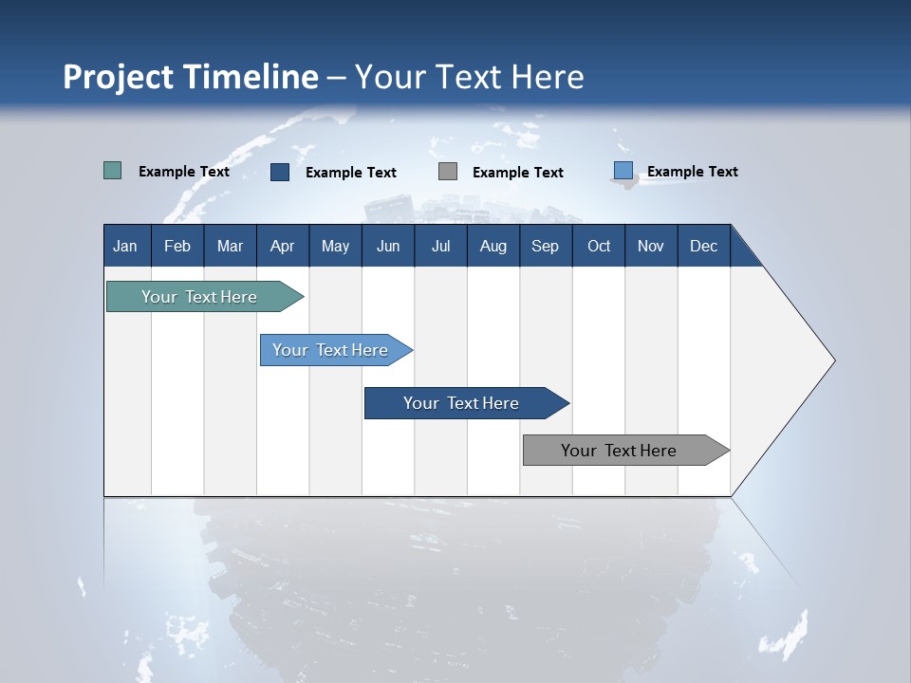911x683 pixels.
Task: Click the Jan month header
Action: pyautogui.click(x=126, y=246)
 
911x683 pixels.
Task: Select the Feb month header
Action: pyautogui.click(x=177, y=246)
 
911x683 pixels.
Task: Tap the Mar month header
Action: pyautogui.click(x=230, y=246)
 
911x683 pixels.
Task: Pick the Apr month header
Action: pyautogui.click(x=283, y=246)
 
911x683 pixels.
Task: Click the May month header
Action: pyautogui.click(x=335, y=246)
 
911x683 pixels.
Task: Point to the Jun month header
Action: pyautogui.click(x=388, y=246)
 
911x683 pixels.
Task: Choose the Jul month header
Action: pyautogui.click(x=440, y=246)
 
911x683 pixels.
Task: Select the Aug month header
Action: pyautogui.click(x=493, y=246)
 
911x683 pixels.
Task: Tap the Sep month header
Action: pyautogui.click(x=546, y=246)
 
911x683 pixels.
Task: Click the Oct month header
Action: pyautogui.click(x=599, y=246)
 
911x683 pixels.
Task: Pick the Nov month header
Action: pyautogui.click(x=651, y=246)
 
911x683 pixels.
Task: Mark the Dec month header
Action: pyautogui.click(x=704, y=246)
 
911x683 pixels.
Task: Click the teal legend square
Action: pyautogui.click(x=113, y=171)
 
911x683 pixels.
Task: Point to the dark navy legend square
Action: pyautogui.click(x=280, y=172)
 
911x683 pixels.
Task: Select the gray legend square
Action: pyautogui.click(x=448, y=172)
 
